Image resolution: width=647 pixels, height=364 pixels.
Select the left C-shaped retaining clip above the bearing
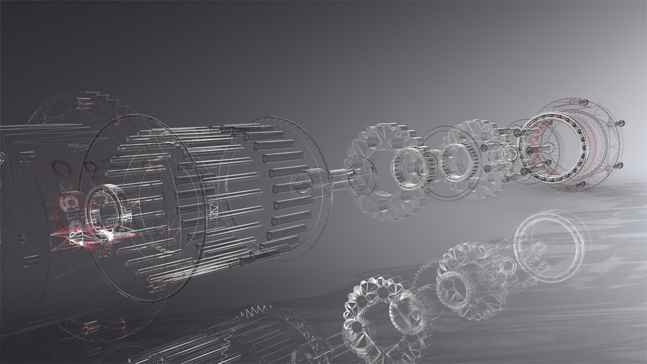59,167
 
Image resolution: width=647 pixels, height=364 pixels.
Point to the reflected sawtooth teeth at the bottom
251,311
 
